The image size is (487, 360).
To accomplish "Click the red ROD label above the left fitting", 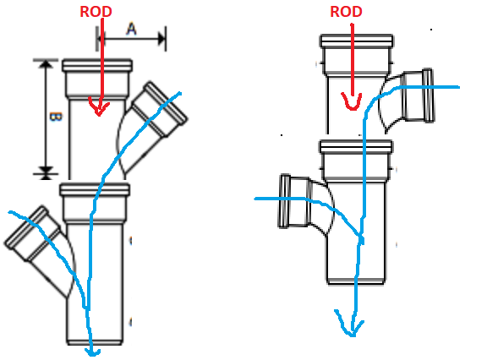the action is click(x=96, y=12).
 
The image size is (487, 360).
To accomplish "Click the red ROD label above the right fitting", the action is click(x=346, y=12).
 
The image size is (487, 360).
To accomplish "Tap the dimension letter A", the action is click(x=131, y=29).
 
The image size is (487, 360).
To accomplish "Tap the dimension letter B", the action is click(x=56, y=117).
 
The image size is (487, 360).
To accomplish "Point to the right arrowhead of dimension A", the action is click(x=162, y=39).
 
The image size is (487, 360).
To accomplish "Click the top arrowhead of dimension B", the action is click(x=46, y=63).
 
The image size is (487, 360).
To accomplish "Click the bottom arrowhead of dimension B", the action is click(x=46, y=172).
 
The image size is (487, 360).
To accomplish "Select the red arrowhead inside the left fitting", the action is click(x=99, y=106).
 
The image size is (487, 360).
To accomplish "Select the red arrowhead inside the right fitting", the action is click(x=352, y=101).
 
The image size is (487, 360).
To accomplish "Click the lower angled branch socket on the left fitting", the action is click(x=33, y=233).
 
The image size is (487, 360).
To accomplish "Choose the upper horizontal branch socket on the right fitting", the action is click(x=418, y=95).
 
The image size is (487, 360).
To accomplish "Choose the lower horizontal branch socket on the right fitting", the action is click(x=294, y=201).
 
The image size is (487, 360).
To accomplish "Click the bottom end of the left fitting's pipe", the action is click(x=95, y=342).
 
